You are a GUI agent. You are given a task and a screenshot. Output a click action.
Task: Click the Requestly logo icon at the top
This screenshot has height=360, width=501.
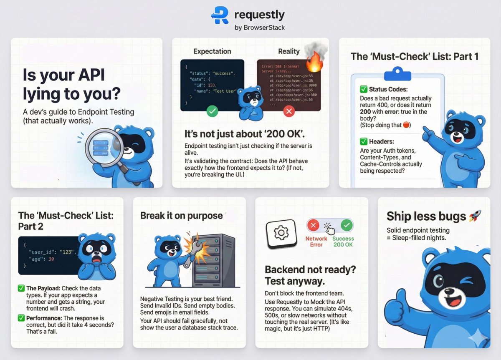(x=220, y=15)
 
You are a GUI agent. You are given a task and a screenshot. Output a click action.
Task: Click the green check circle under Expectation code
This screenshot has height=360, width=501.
(x=213, y=111)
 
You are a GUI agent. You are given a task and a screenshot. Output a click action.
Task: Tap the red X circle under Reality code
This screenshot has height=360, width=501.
(x=288, y=111)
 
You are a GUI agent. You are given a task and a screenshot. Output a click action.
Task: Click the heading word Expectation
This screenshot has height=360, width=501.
(x=212, y=51)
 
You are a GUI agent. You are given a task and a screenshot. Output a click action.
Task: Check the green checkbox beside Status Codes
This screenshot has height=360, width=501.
(x=363, y=89)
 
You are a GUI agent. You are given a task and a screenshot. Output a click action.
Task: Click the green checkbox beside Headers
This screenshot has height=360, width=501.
(x=363, y=142)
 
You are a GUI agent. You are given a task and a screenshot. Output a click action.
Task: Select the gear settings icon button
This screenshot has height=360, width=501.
(x=281, y=233)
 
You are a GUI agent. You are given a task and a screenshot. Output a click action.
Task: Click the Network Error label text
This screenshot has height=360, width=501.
(x=316, y=242)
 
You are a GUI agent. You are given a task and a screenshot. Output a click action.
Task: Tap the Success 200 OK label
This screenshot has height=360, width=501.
(x=343, y=242)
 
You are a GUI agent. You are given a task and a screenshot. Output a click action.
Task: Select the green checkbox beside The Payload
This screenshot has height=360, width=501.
(x=21, y=288)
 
